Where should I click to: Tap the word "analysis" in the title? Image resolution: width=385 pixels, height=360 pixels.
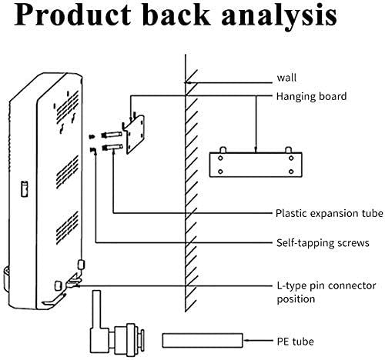pyautogui.click(x=279, y=16)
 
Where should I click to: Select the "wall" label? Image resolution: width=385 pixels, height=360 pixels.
pyautogui.click(x=286, y=78)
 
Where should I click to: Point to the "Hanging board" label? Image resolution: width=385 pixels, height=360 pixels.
pyautogui.click(x=311, y=96)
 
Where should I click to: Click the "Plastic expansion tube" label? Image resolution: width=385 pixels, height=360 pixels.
pyautogui.click(x=330, y=213)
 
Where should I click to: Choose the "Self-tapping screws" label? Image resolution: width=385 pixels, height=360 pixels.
pyautogui.click(x=323, y=243)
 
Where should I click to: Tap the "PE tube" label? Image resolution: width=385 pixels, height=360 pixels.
pyautogui.click(x=295, y=342)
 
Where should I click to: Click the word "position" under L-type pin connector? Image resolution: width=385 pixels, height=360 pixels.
pyautogui.click(x=296, y=299)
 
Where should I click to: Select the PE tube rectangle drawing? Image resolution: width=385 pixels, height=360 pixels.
pyautogui.click(x=203, y=340)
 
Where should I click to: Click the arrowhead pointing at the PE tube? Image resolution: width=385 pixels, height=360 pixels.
pyautogui.click(x=246, y=341)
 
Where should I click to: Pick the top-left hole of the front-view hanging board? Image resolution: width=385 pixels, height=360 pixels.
pyautogui.click(x=220, y=158)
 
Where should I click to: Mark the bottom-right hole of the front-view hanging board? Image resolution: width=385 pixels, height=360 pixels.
pyautogui.click(x=291, y=172)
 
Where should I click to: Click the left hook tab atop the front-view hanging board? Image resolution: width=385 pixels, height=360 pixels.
pyautogui.click(x=223, y=150)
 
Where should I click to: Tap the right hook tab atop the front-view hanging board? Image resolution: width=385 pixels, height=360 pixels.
pyautogui.click(x=289, y=150)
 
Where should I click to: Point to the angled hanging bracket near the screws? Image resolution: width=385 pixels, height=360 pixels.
pyautogui.click(x=133, y=134)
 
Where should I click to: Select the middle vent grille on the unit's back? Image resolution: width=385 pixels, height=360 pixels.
pyautogui.click(x=67, y=172)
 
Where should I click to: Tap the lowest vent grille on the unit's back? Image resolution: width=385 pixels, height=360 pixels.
pyautogui.click(x=67, y=228)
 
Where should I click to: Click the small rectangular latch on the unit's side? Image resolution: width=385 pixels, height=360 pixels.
pyautogui.click(x=25, y=188)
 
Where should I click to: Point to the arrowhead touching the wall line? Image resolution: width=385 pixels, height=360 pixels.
pyautogui.click(x=189, y=83)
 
